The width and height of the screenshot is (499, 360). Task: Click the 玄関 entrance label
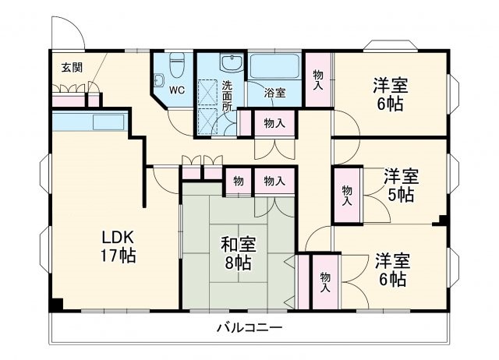click(x=72, y=66)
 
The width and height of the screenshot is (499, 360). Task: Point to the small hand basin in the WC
click(x=158, y=79)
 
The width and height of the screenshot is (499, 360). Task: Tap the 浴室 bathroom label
click(x=274, y=92)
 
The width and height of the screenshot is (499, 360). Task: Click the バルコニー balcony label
click(x=249, y=327)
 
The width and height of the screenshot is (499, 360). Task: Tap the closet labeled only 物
click(x=238, y=181)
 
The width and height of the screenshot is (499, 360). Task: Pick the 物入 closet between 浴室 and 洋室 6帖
click(x=318, y=79)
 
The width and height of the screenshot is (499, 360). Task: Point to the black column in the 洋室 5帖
click(x=443, y=218)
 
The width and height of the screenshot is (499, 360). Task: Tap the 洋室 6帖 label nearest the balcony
click(x=390, y=269)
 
